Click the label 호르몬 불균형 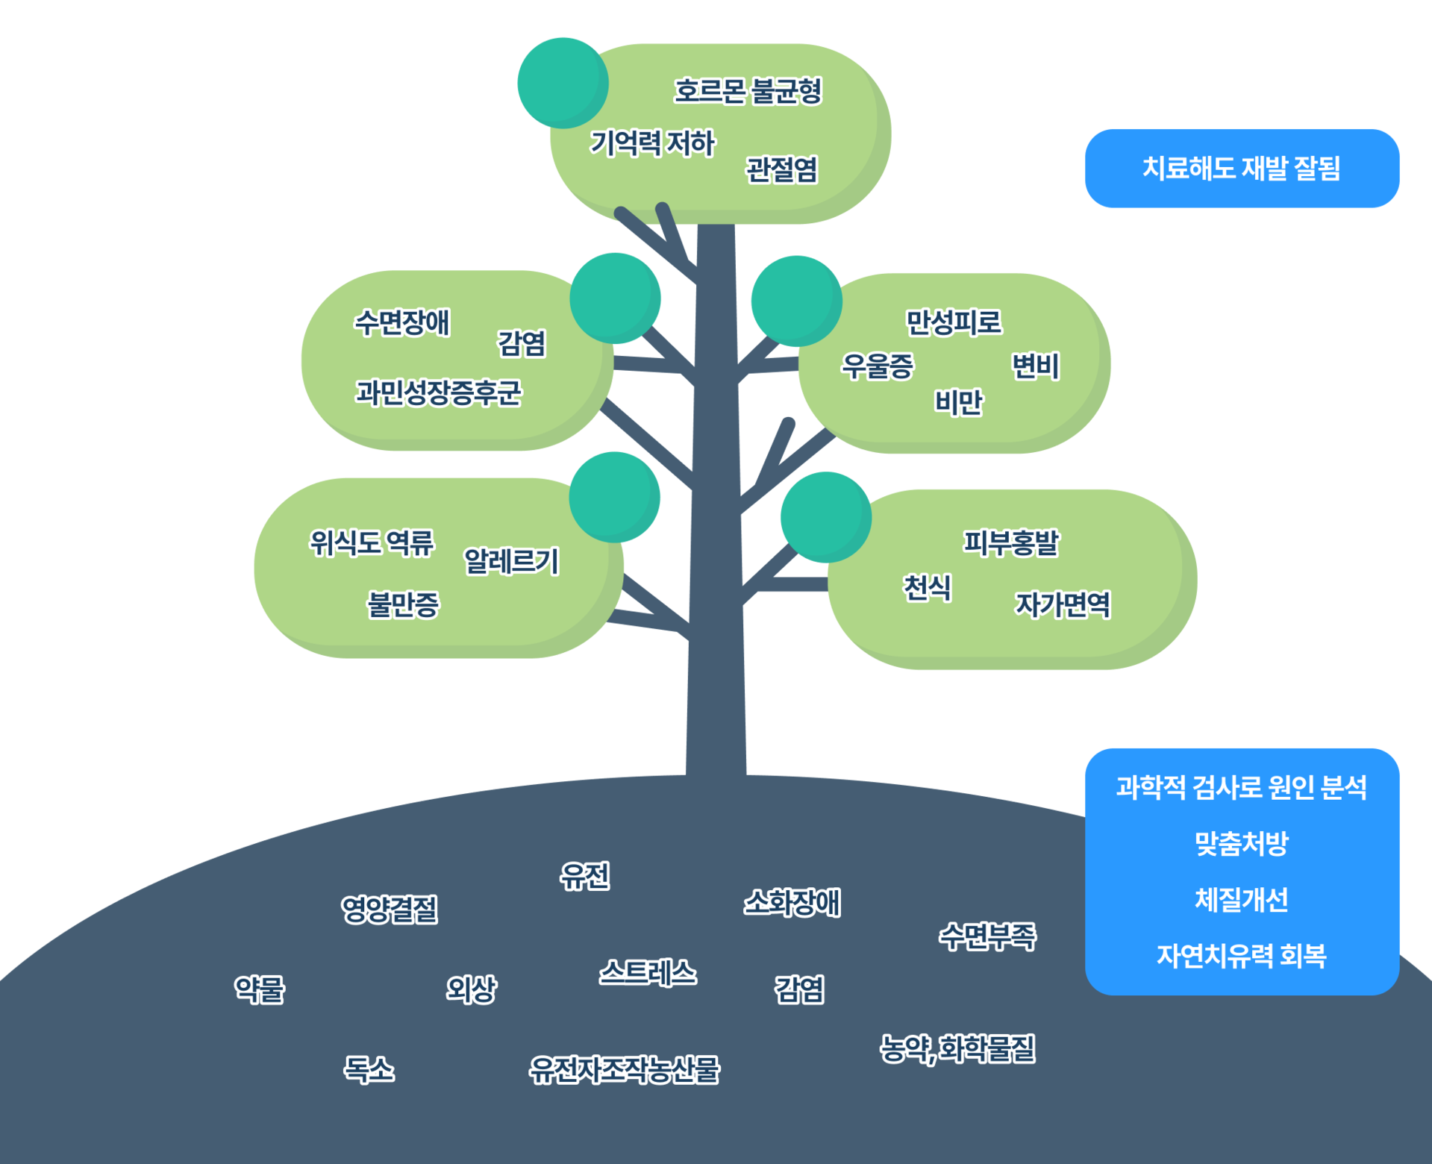pyautogui.click(x=747, y=91)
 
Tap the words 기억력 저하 pyautogui.click(x=652, y=143)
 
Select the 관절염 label pyautogui.click(x=781, y=169)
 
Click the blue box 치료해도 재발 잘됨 pyautogui.click(x=1242, y=169)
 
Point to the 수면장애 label pyautogui.click(x=401, y=323)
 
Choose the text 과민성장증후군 pyautogui.click(x=438, y=392)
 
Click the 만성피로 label pyautogui.click(x=953, y=322)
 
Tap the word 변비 pyautogui.click(x=1035, y=366)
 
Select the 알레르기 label pyautogui.click(x=511, y=561)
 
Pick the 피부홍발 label pyautogui.click(x=1010, y=542)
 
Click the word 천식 pyautogui.click(x=927, y=587)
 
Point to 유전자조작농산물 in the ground pyautogui.click(x=624, y=1070)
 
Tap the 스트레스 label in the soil pyautogui.click(x=648, y=973)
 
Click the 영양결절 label pyautogui.click(x=389, y=909)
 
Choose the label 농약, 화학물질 pyautogui.click(x=957, y=1049)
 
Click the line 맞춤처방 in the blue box pyautogui.click(x=1242, y=843)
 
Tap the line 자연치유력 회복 pyautogui.click(x=1242, y=956)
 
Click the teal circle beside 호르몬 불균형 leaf pyautogui.click(x=562, y=82)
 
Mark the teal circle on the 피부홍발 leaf pyautogui.click(x=825, y=516)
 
